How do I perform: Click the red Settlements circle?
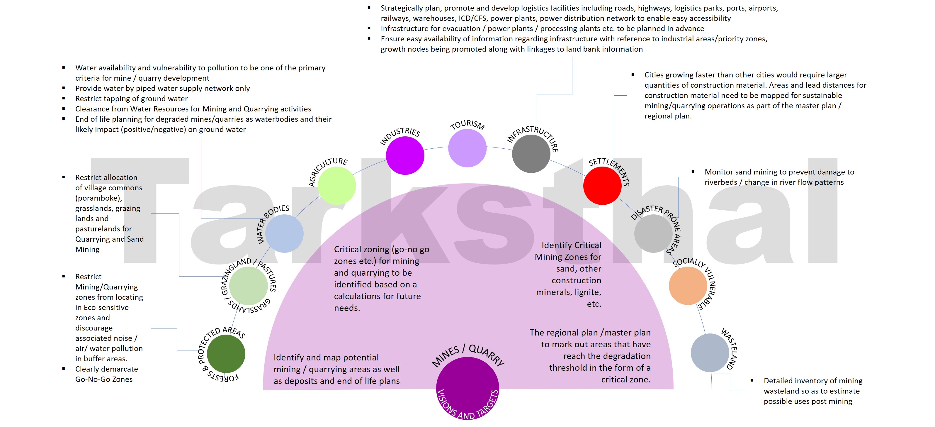click(x=602, y=186)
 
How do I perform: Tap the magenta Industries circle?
click(x=405, y=155)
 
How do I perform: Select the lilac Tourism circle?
click(x=467, y=148)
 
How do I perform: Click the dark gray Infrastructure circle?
click(x=531, y=154)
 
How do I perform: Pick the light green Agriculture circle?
click(x=336, y=186)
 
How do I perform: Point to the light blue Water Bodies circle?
click(x=284, y=233)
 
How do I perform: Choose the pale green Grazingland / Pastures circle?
click(x=249, y=286)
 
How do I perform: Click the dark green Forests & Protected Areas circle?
click(x=226, y=354)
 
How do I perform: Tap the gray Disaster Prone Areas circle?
click(x=653, y=233)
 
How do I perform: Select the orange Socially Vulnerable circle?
click(x=688, y=286)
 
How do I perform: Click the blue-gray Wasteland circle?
click(x=710, y=353)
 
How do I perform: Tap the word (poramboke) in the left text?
click(x=99, y=198)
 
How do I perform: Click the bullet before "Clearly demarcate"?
click(x=64, y=369)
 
